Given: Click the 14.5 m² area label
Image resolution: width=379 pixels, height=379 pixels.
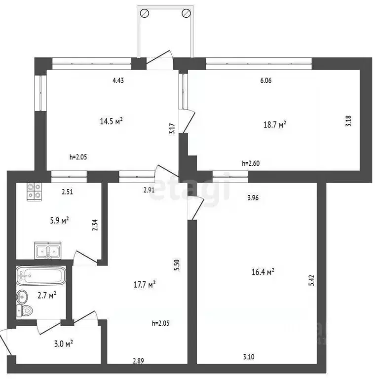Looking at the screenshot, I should point(111,120).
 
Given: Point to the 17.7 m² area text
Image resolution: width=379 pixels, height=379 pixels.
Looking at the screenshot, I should point(145,284).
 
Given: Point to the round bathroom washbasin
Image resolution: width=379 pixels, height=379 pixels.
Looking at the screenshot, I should point(23,297).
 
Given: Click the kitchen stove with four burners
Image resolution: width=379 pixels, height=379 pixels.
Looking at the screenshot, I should point(34,190).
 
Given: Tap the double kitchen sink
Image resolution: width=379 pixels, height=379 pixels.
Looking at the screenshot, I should point(47,251).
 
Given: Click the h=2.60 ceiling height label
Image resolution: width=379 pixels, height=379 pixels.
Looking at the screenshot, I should point(251,163).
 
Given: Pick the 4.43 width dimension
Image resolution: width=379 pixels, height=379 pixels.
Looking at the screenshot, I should point(118,81).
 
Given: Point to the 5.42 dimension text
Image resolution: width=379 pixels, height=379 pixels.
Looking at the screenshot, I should point(311,280).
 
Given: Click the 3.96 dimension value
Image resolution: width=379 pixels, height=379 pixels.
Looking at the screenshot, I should point(253,198).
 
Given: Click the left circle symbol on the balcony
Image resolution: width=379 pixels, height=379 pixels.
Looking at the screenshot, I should point(144,14).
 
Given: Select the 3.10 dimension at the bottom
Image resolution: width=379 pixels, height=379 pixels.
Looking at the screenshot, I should point(249,357).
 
